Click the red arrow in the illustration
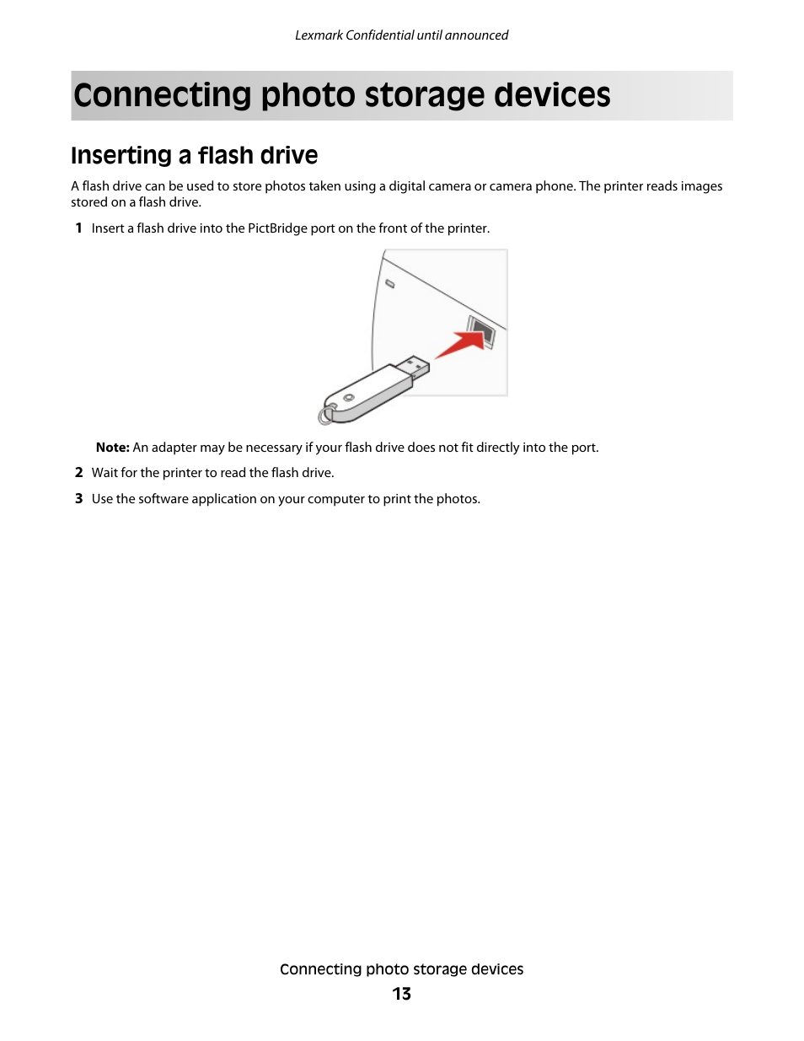[459, 344]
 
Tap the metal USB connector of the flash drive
[414, 367]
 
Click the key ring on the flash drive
[324, 415]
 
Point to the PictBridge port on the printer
[482, 331]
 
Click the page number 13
[401, 994]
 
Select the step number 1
[78, 228]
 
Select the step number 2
[78, 473]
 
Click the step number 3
[78, 499]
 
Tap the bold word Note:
[112, 448]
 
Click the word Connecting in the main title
[163, 95]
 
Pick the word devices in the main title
[552, 95]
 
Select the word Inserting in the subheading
[121, 156]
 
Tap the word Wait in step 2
[105, 473]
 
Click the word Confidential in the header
[379, 35]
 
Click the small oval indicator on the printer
[389, 284]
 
